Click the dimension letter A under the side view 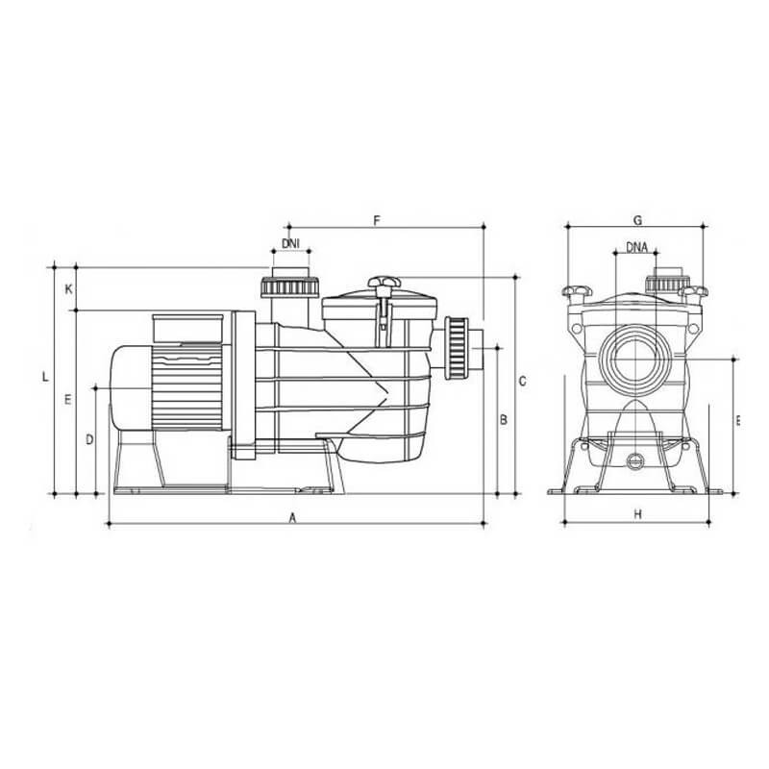[x=292, y=516]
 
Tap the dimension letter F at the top [x=378, y=220]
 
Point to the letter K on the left [x=68, y=288]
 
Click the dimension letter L [x=45, y=376]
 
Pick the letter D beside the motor [x=88, y=439]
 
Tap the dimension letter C [x=522, y=382]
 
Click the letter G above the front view [x=637, y=220]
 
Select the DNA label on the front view [x=636, y=247]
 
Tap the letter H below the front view [x=637, y=515]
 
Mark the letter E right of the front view [x=737, y=420]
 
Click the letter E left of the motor [x=68, y=398]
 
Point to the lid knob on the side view [x=383, y=282]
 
